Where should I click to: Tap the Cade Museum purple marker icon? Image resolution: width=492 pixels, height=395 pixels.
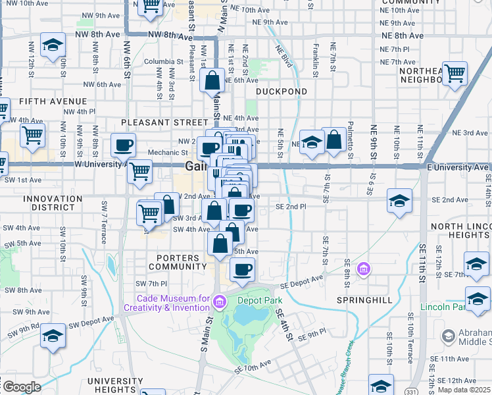coord(220,302)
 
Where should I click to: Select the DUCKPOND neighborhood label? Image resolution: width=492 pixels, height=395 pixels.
coord(282,92)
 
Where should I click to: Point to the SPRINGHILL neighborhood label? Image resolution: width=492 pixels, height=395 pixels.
coord(364,300)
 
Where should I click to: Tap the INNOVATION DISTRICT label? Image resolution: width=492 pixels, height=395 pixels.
coord(49,203)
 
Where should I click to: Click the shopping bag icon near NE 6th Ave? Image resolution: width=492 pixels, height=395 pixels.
coord(212,82)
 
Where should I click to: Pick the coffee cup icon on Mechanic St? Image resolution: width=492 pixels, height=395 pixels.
coord(123,145)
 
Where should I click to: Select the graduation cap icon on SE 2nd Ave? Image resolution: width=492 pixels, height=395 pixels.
coord(399,200)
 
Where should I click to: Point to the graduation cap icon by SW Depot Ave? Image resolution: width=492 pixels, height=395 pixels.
coord(53,335)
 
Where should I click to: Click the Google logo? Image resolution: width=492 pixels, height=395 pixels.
coord(21,387)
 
